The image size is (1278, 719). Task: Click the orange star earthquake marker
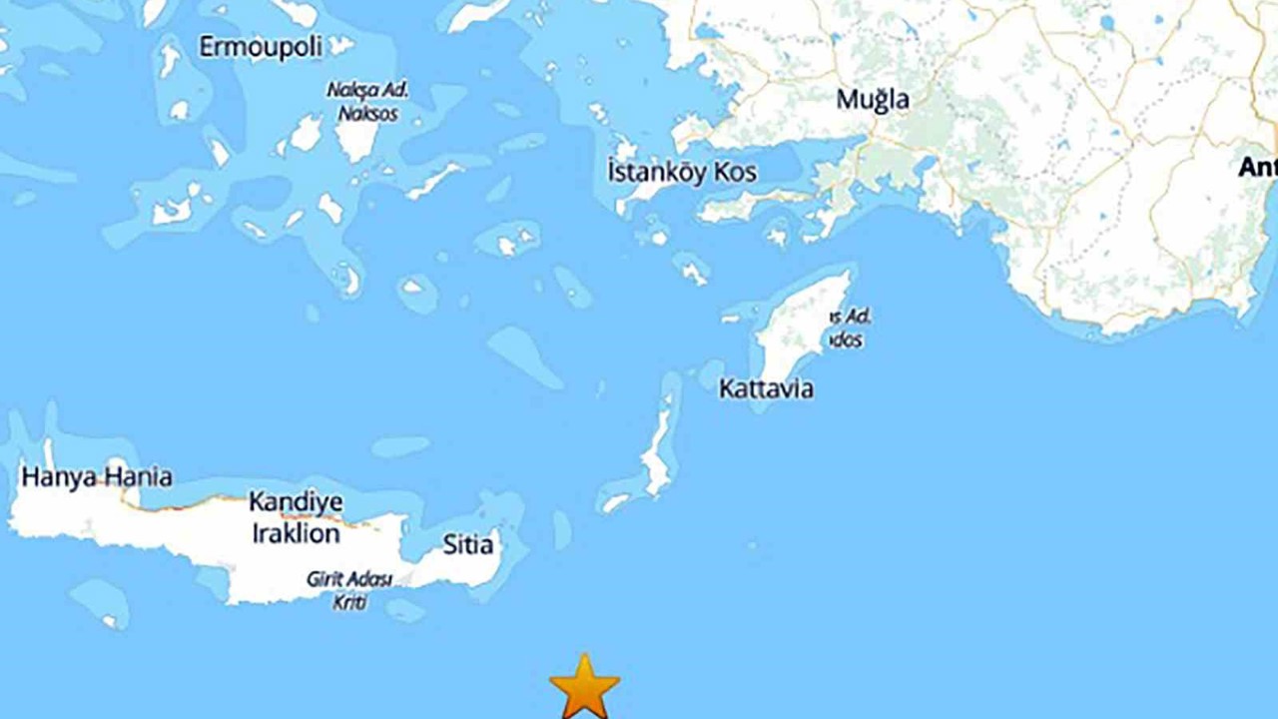[584, 687]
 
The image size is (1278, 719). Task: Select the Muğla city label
[873, 100]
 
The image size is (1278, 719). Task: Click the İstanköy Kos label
[682, 172]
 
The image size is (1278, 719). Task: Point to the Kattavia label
[766, 389]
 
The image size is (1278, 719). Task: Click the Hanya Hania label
[96, 477]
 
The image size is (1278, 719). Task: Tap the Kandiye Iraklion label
[295, 517]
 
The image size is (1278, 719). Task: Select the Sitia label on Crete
[467, 545]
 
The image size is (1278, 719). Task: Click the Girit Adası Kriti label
[349, 590]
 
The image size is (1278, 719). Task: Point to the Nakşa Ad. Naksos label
[367, 101]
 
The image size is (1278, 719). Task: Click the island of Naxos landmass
[356, 138]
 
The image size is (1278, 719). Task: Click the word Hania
[138, 477]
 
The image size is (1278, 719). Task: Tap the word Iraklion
[295, 534]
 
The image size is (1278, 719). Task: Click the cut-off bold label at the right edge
[1257, 167]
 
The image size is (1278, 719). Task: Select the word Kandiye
[296, 501]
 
